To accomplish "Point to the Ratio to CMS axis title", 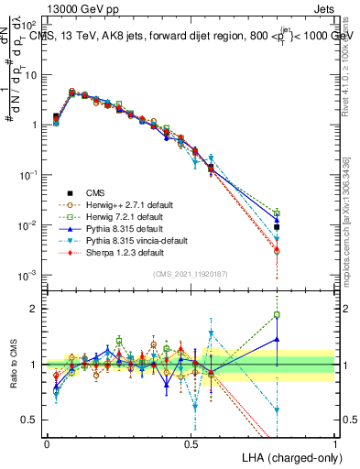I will [14, 365].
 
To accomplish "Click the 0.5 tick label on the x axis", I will [191, 443].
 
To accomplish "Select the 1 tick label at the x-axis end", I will [334, 443].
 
